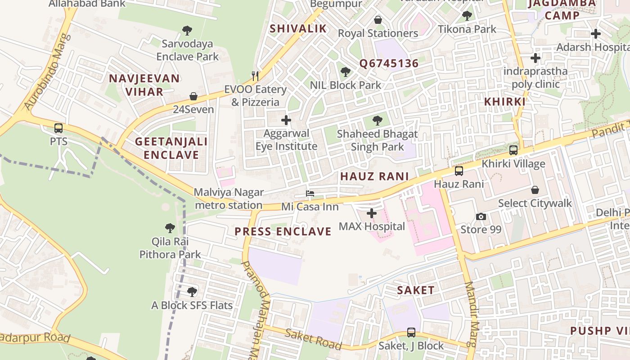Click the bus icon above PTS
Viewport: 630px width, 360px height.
click(58, 128)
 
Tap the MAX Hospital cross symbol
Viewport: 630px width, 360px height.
click(372, 213)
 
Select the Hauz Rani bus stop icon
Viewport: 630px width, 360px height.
click(459, 171)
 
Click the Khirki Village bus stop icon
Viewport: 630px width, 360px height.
click(513, 150)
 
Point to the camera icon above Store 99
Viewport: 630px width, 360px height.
click(481, 217)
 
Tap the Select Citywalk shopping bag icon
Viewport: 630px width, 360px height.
click(535, 190)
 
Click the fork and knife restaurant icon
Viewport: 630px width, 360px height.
click(255, 76)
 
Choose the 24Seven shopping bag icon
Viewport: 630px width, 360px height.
click(193, 96)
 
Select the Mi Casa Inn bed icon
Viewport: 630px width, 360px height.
click(310, 194)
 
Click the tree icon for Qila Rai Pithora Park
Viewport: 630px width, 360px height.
click(170, 228)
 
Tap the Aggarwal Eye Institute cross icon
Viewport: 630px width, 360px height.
click(286, 120)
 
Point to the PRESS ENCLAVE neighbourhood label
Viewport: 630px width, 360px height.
click(283, 232)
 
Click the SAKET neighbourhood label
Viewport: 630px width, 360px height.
click(416, 290)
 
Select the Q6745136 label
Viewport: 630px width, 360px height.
click(389, 63)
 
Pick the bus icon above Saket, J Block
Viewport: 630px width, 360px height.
click(411, 333)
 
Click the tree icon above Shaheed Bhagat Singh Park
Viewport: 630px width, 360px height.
click(378, 121)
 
